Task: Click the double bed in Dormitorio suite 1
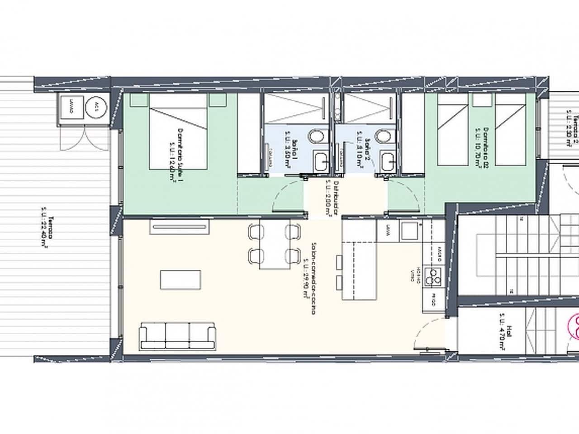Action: [x=179, y=131]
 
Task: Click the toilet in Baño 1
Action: [x=315, y=136]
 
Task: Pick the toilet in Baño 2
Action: [x=384, y=136]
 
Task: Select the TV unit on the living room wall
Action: [x=180, y=227]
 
